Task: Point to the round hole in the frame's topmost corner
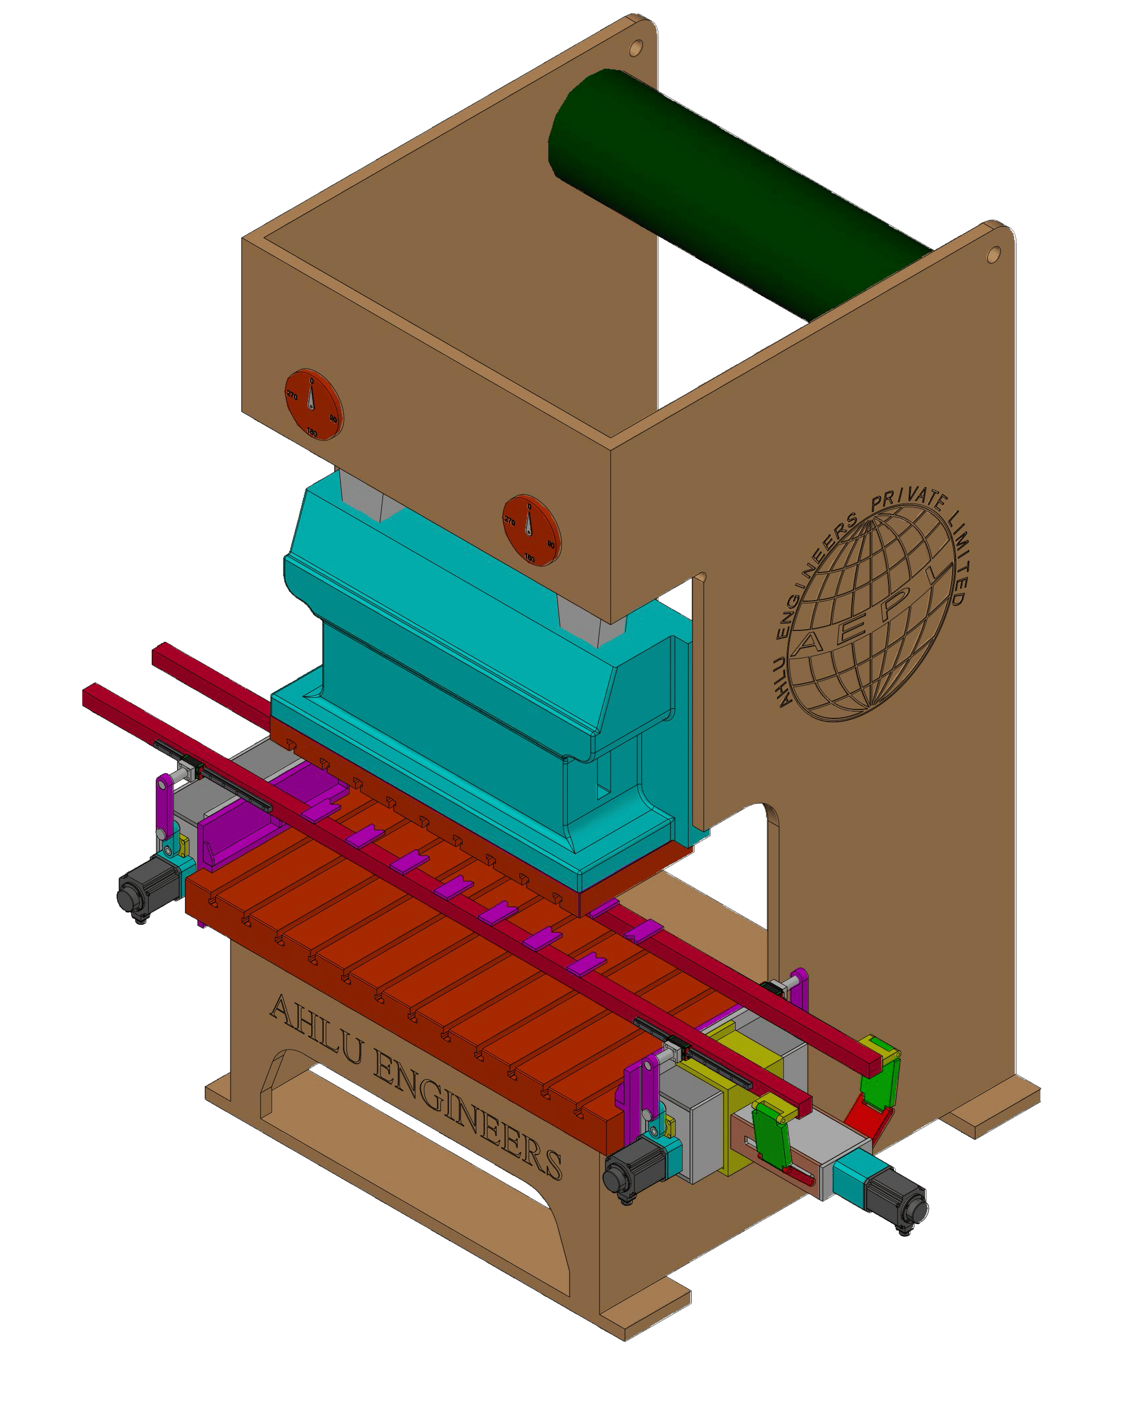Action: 635,48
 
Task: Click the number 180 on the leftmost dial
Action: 312,433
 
